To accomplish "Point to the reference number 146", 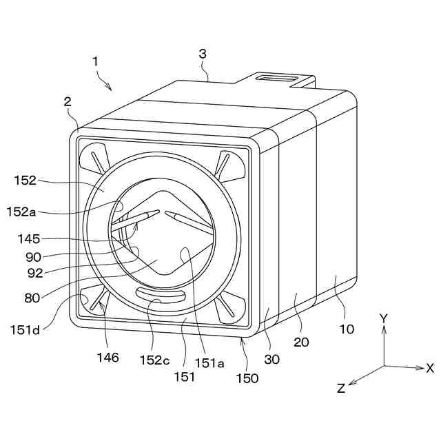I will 107,357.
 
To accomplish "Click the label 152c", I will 154,359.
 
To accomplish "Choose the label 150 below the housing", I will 247,378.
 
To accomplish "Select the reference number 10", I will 347,329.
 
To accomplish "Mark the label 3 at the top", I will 202,53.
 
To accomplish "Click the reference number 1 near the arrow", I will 95,61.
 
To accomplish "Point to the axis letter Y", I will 384,318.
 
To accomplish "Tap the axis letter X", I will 430,368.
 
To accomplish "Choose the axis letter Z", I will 341,388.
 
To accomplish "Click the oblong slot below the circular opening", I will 160,294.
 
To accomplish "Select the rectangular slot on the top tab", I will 274,79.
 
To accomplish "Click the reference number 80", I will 31,298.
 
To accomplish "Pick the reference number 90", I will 32,256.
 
